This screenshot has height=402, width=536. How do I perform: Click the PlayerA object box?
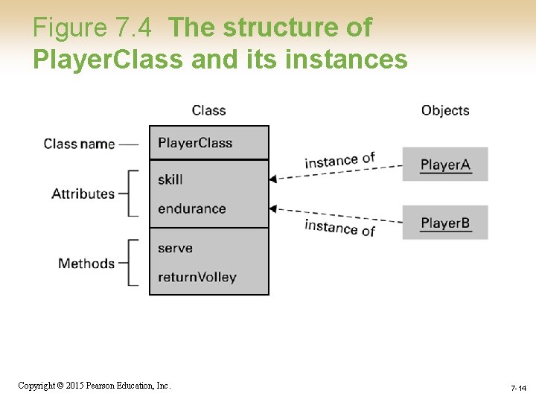click(445, 165)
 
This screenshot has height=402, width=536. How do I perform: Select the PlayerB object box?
click(445, 223)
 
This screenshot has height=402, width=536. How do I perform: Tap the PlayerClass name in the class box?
click(195, 143)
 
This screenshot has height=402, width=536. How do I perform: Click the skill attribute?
click(170, 179)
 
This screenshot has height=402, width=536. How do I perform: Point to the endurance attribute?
click(191, 208)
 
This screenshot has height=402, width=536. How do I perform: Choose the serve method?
click(175, 248)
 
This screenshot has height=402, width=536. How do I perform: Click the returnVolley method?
click(197, 277)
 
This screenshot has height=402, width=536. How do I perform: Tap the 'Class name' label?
click(79, 144)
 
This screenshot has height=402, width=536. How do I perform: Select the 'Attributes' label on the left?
click(83, 194)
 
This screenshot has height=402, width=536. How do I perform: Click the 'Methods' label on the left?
click(86, 264)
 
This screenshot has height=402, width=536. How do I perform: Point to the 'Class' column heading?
click(208, 110)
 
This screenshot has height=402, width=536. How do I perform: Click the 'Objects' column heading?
click(445, 110)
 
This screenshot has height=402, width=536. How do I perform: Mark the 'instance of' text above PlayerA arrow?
click(339, 160)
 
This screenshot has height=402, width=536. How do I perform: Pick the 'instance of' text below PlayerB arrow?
click(339, 228)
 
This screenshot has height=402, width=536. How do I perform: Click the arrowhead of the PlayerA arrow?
click(272, 179)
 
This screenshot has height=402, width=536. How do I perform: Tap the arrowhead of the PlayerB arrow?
click(272, 208)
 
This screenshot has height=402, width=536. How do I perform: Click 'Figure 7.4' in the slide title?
click(92, 28)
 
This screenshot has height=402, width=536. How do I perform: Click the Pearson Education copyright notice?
click(95, 386)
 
